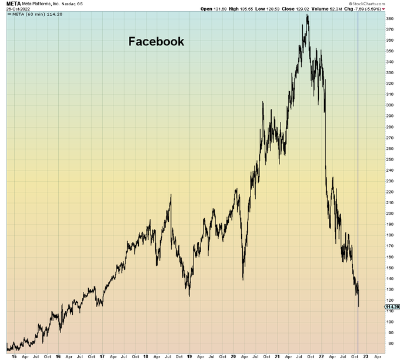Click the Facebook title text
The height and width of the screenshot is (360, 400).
[x=156, y=42]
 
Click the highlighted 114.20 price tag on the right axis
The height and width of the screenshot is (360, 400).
[x=392, y=306]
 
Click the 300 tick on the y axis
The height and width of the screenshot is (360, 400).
[x=389, y=105]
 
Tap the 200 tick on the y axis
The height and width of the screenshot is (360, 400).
[x=389, y=213]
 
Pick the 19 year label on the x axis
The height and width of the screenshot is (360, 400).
[x=189, y=356]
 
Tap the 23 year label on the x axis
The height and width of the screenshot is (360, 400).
[x=365, y=356]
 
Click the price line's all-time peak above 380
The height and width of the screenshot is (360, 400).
[x=307, y=15]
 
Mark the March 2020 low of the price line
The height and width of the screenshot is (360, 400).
[x=243, y=279]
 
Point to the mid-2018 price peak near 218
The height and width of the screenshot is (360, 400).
[x=171, y=195]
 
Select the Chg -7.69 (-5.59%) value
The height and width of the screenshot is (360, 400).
[x=367, y=9]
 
